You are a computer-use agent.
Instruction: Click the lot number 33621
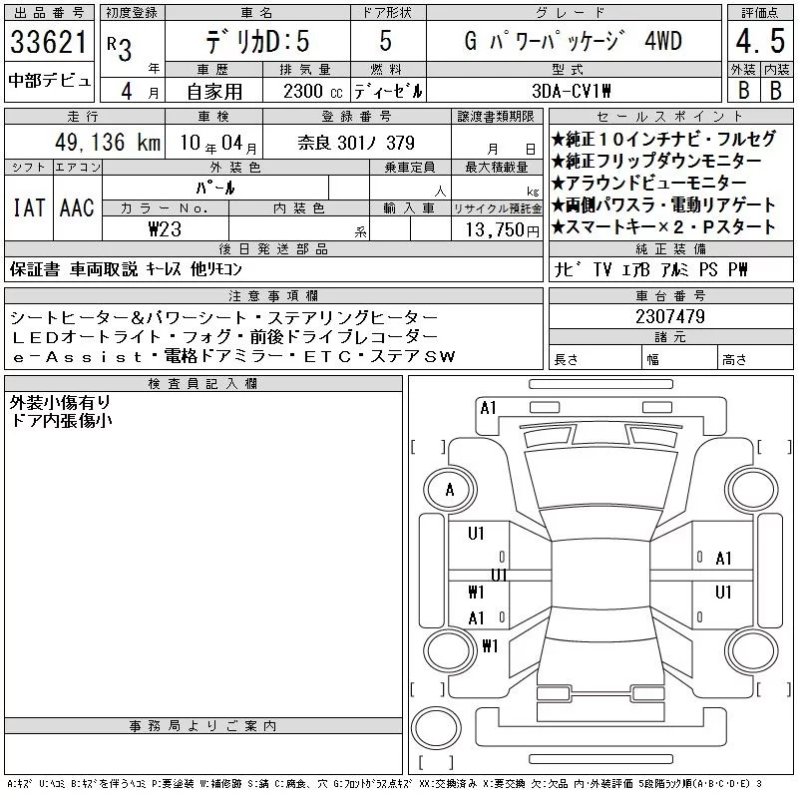[x=49, y=42]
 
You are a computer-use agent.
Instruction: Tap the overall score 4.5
[x=760, y=41]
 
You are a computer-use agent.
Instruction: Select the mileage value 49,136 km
[x=108, y=142]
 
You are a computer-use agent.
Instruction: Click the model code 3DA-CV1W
[x=571, y=91]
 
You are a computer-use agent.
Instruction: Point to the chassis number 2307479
[x=670, y=316]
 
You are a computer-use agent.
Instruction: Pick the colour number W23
[x=165, y=229]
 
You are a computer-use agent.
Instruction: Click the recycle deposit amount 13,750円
[x=503, y=230]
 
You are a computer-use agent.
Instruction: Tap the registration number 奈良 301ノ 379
[x=356, y=143]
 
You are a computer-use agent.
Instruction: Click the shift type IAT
[x=29, y=207]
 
